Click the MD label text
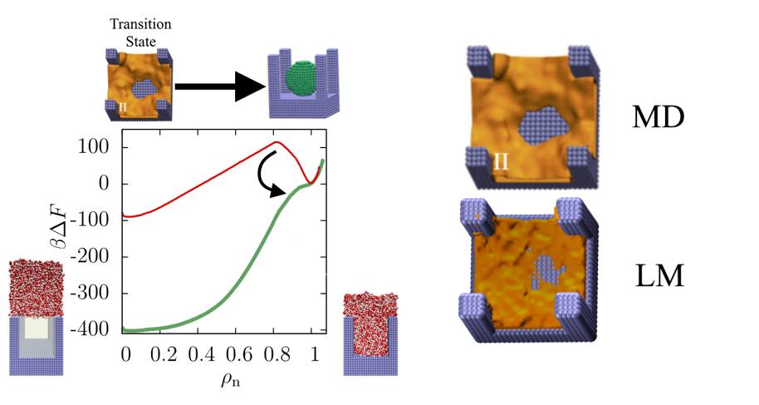658,116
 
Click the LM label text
657,275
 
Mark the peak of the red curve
276,142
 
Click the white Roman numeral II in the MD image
501,161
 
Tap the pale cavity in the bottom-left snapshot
36,328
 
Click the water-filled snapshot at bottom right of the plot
367,333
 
